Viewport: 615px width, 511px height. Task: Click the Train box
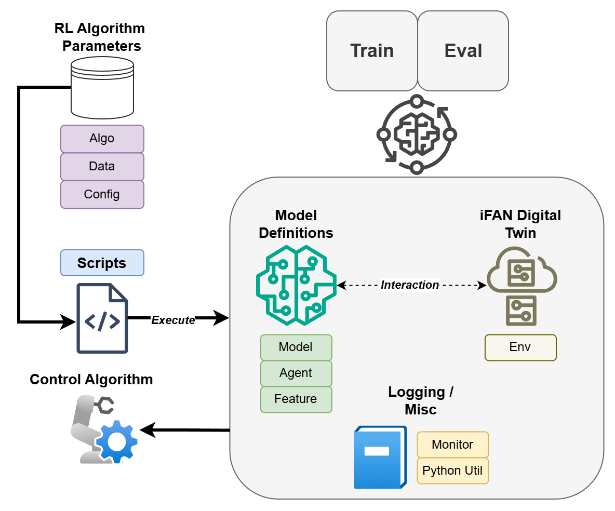pyautogui.click(x=372, y=51)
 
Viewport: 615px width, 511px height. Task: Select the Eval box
pyautogui.click(x=463, y=51)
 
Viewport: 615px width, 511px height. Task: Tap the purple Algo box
pyautogui.click(x=102, y=139)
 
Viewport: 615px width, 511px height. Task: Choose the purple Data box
pyautogui.click(x=102, y=167)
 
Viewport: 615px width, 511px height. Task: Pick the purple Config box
pyautogui.click(x=102, y=194)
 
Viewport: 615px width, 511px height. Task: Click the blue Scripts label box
pyautogui.click(x=102, y=263)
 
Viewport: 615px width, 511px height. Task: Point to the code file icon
pyautogui.click(x=102, y=318)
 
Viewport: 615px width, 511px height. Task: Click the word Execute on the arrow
pyautogui.click(x=173, y=320)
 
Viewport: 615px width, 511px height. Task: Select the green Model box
pyautogui.click(x=296, y=347)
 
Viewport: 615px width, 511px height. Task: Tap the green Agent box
pyautogui.click(x=296, y=373)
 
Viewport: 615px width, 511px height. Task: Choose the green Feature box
pyautogui.click(x=296, y=399)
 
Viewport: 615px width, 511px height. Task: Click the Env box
pyautogui.click(x=520, y=347)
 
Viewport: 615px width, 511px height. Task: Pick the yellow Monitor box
pyautogui.click(x=452, y=445)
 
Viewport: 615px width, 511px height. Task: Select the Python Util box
pyautogui.click(x=452, y=470)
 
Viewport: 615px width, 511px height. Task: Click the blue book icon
pyautogui.click(x=380, y=457)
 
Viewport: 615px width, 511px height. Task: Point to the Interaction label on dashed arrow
pyautogui.click(x=410, y=285)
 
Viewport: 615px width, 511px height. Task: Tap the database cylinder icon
pyautogui.click(x=102, y=87)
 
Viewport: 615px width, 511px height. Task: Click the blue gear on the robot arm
pyautogui.click(x=117, y=441)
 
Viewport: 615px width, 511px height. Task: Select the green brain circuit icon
pyautogui.click(x=296, y=285)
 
